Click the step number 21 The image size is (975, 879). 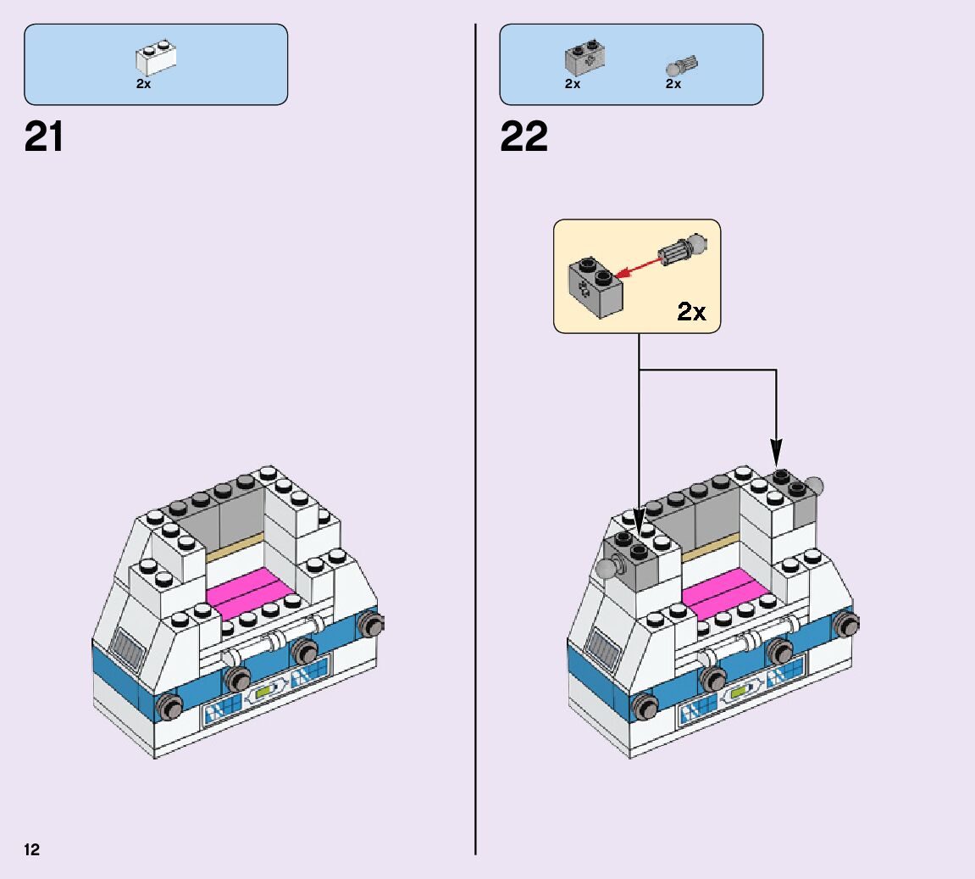click(44, 136)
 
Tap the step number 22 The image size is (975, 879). click(524, 136)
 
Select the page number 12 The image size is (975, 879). click(32, 849)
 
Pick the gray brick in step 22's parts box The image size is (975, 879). click(584, 58)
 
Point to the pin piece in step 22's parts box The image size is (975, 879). click(682, 64)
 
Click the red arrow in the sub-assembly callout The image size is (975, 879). click(637, 264)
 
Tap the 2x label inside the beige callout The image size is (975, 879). click(691, 312)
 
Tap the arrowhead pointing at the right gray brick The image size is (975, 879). click(777, 453)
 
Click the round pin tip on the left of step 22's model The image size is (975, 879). click(607, 568)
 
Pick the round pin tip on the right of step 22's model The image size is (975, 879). click(814, 487)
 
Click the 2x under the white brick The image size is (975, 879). click(143, 84)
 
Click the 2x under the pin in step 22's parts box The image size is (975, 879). click(673, 84)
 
